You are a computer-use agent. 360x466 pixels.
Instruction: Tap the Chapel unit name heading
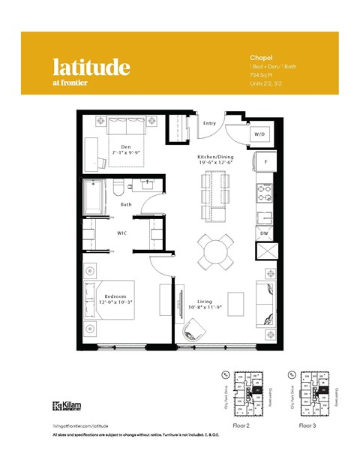pyautogui.click(x=259, y=56)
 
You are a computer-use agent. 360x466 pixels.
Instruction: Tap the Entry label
pyautogui.click(x=209, y=123)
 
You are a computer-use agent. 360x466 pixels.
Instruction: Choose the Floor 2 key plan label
pyautogui.click(x=241, y=425)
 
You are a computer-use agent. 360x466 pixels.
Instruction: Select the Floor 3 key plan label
pyautogui.click(x=307, y=425)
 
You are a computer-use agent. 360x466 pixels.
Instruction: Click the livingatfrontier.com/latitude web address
pyautogui.click(x=82, y=425)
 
